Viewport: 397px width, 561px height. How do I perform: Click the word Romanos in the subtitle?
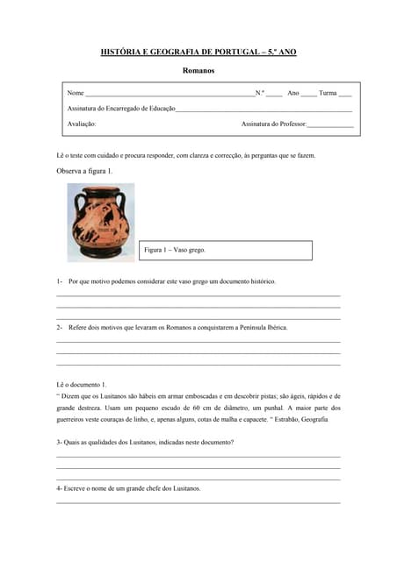point(198,70)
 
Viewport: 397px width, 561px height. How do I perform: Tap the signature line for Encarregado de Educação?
point(263,110)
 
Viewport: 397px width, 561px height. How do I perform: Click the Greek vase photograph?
point(100,223)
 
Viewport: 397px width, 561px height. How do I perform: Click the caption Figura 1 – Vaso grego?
point(175,250)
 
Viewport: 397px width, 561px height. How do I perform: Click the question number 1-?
point(60,281)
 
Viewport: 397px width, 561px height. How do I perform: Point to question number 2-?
point(60,327)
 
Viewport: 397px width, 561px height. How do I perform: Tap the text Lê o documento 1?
point(81,385)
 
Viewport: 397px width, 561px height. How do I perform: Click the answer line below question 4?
point(198,503)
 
